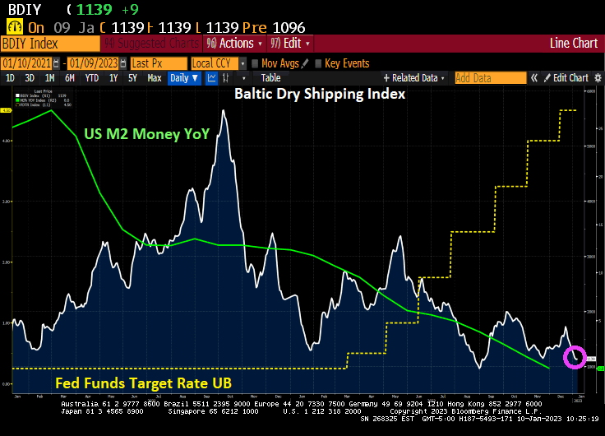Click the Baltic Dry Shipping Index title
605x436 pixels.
(x=319, y=94)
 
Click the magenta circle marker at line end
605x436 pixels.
(x=575, y=357)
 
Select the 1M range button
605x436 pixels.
(x=50, y=78)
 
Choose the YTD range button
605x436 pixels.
(x=92, y=78)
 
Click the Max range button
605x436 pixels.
(x=154, y=78)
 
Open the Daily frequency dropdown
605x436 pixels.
(x=184, y=78)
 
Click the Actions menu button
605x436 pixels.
(x=235, y=43)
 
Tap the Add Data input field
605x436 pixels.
(x=490, y=78)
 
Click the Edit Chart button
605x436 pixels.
(x=566, y=78)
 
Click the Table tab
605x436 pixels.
(x=270, y=78)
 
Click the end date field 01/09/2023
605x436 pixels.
(x=95, y=63)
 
